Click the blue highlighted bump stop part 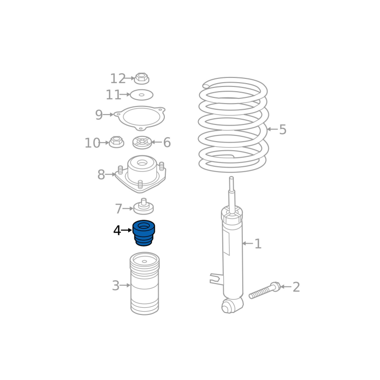coord(144,233)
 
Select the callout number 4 coord(117,230)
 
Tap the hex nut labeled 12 coord(142,78)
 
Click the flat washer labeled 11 coord(142,95)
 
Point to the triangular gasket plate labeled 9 coord(140,118)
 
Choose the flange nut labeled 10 coord(116,142)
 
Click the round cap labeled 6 coord(142,142)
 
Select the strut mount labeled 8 coord(141,174)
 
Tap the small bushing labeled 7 coord(143,207)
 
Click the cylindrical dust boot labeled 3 coord(145,284)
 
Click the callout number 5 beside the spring coord(283,129)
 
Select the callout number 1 coord(258,244)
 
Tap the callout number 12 coord(118,78)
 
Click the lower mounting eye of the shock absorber coord(228,306)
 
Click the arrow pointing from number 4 coord(127,230)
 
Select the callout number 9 coord(99,115)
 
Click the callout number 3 coord(116,286)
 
